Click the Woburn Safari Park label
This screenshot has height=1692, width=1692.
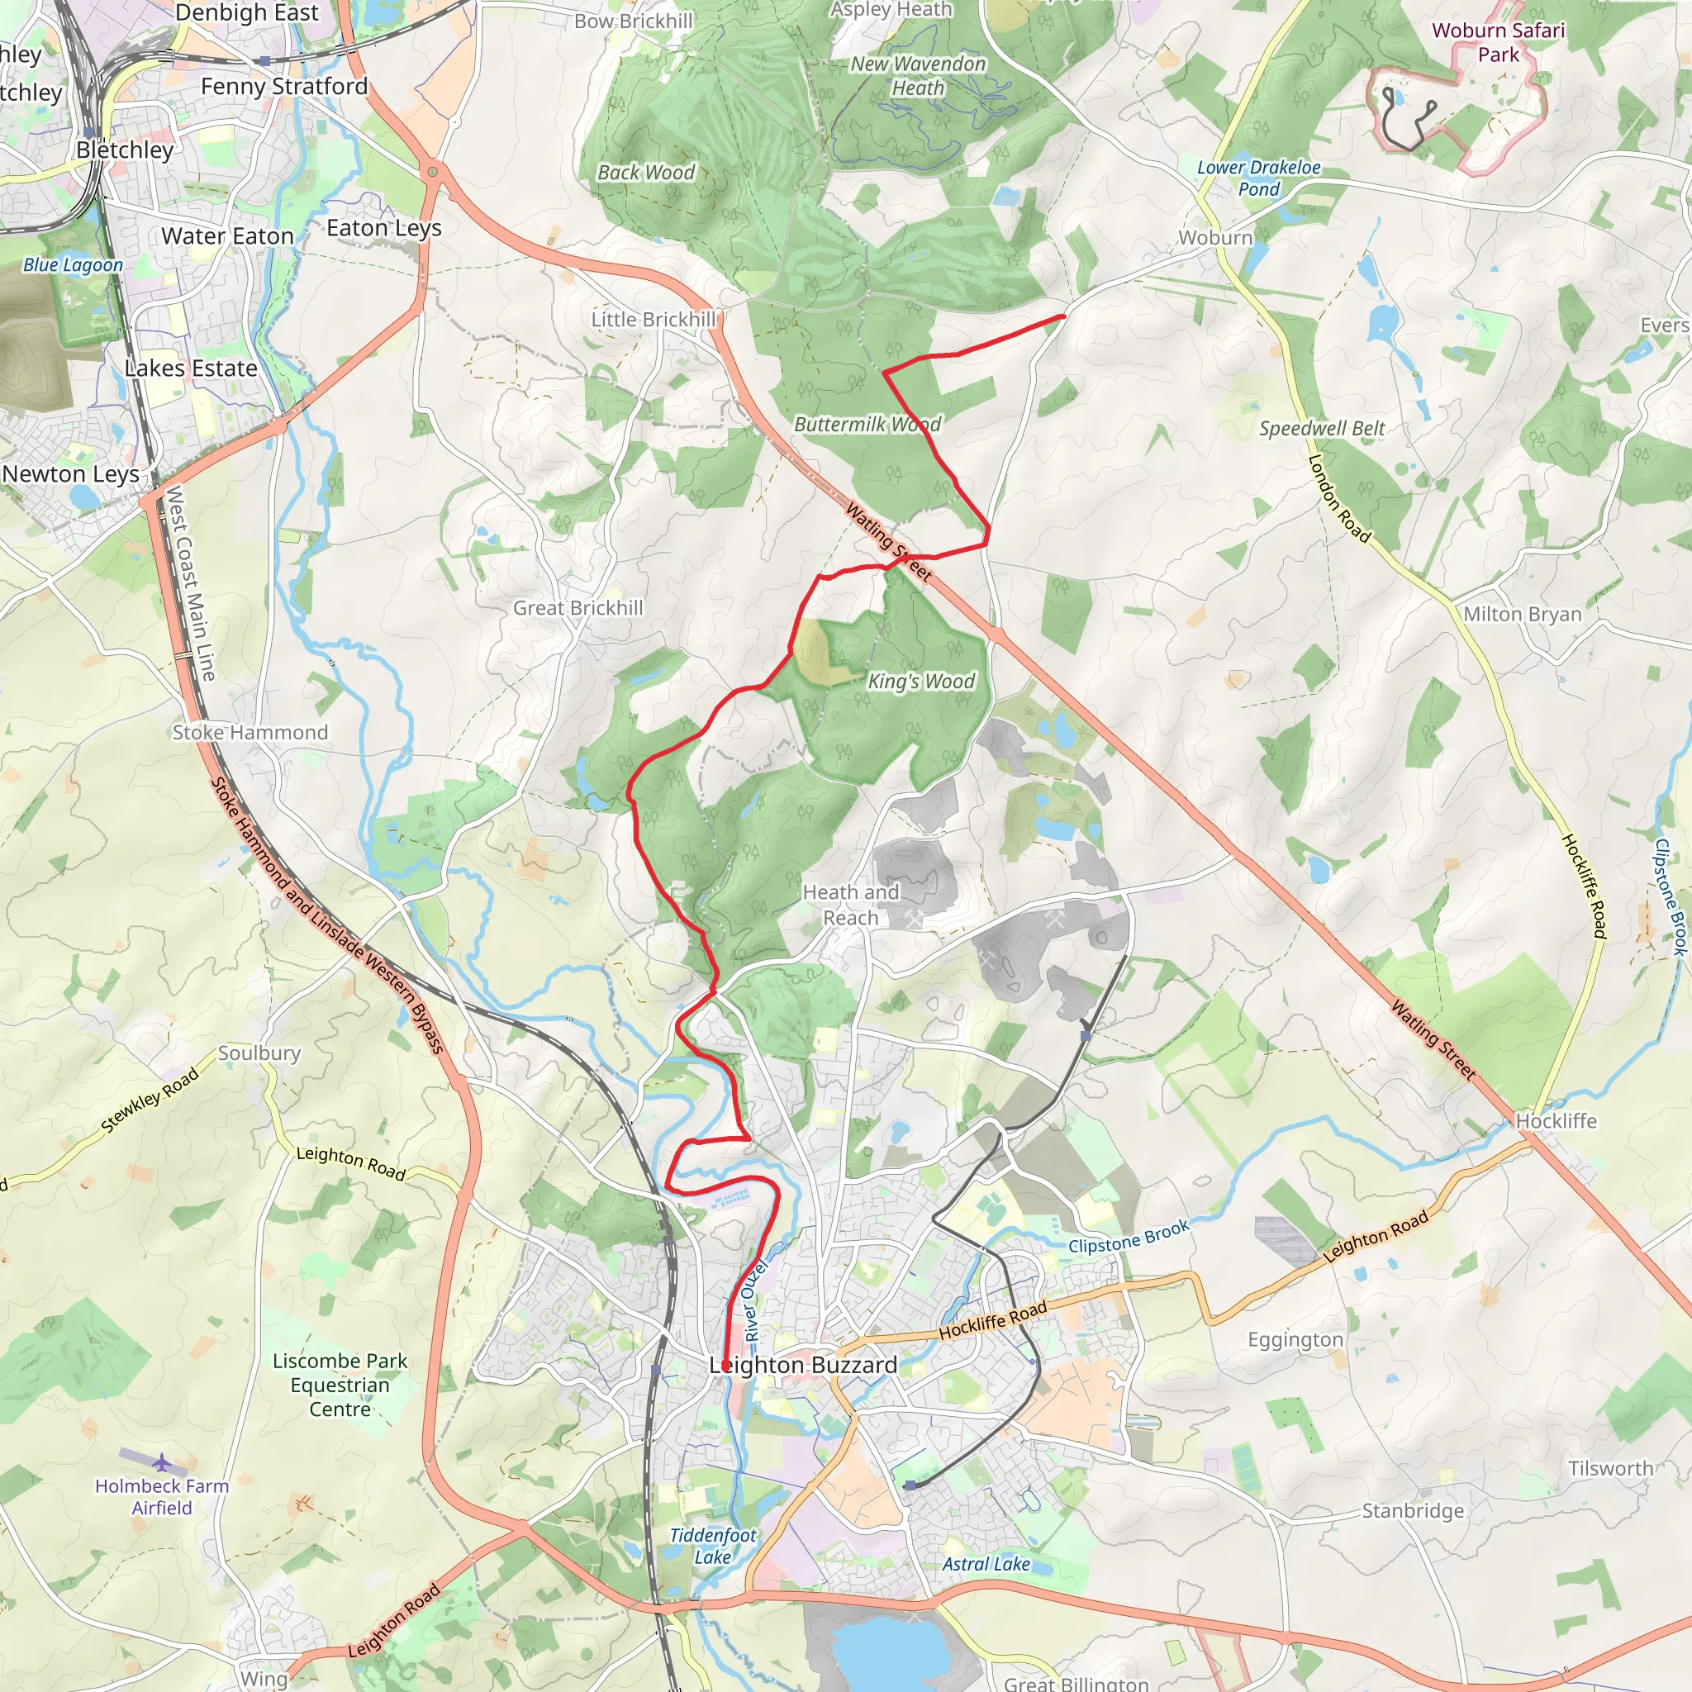(x=1498, y=42)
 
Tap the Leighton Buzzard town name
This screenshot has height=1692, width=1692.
(x=803, y=1366)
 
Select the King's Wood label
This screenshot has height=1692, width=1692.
(x=920, y=682)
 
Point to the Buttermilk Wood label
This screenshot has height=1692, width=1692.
(x=867, y=425)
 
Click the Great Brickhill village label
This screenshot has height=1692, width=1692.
(x=578, y=608)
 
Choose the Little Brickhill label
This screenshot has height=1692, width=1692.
(x=654, y=320)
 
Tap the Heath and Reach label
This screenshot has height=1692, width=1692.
(x=850, y=905)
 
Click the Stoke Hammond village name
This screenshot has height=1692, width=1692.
(x=250, y=732)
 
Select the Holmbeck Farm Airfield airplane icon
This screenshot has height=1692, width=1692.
(x=161, y=1463)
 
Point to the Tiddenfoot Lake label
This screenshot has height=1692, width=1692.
(x=713, y=1546)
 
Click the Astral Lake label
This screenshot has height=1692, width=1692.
(x=986, y=1563)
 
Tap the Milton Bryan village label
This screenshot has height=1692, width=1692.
(x=1523, y=614)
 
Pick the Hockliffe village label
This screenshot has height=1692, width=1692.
(x=1557, y=1121)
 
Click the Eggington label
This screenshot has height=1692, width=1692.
(x=1295, y=1339)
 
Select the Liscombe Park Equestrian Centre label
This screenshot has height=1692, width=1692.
(x=340, y=1385)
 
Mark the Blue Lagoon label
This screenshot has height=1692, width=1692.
(x=73, y=264)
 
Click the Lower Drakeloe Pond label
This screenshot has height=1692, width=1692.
(x=1258, y=178)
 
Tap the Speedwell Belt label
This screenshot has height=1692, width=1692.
(x=1323, y=428)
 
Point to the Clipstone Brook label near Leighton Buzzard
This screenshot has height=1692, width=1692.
(x=1128, y=1237)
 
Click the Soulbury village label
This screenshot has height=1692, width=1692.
(x=259, y=1053)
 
